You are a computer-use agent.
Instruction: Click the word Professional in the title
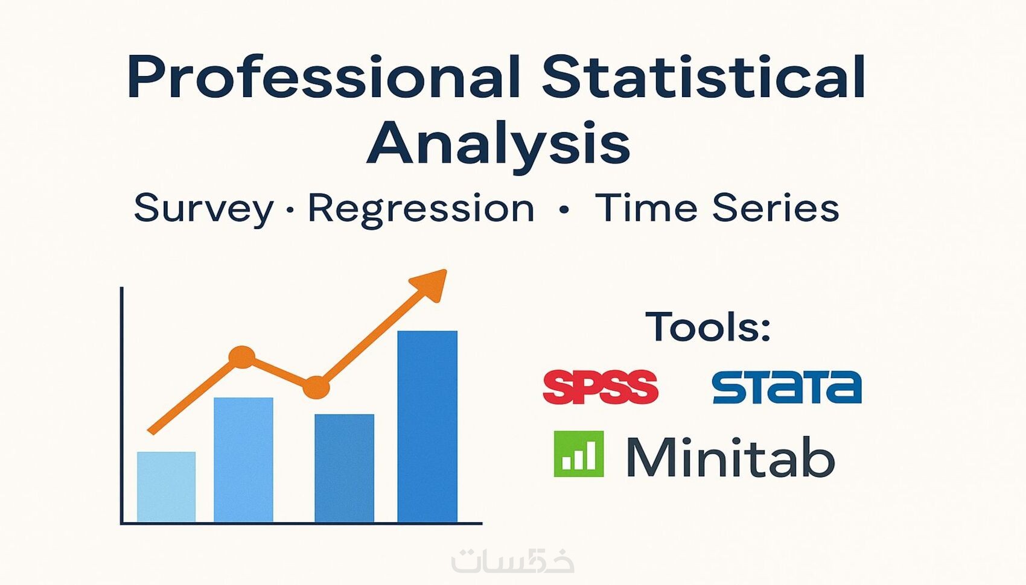[x=324, y=77]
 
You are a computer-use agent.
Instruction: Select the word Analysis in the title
[x=498, y=144]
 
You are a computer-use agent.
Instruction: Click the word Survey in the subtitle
[x=203, y=209]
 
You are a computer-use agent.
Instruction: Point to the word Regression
[x=421, y=210]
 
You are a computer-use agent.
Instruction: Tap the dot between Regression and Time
[x=564, y=210]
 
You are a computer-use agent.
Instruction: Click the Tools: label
[x=708, y=326]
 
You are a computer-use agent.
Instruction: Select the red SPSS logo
[x=601, y=387]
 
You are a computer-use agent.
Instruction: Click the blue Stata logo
[x=787, y=387]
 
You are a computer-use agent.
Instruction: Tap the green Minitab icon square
[x=579, y=454]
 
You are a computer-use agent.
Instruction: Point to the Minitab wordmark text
[x=730, y=457]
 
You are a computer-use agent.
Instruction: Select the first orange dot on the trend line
[x=242, y=357]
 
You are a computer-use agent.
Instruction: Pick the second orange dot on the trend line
[x=316, y=387]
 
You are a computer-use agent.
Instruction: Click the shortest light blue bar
[x=166, y=487]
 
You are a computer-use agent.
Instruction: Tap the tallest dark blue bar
[x=427, y=426]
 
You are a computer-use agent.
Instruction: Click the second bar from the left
[x=243, y=460]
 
